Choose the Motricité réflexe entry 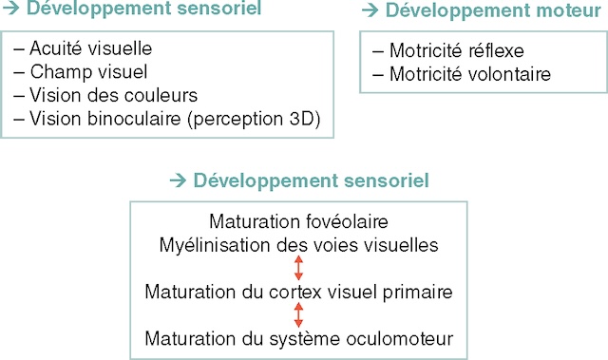click(x=455, y=50)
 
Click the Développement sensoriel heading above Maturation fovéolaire click(x=311, y=180)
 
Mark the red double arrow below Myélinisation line click(x=298, y=268)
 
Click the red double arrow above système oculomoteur click(x=298, y=313)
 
